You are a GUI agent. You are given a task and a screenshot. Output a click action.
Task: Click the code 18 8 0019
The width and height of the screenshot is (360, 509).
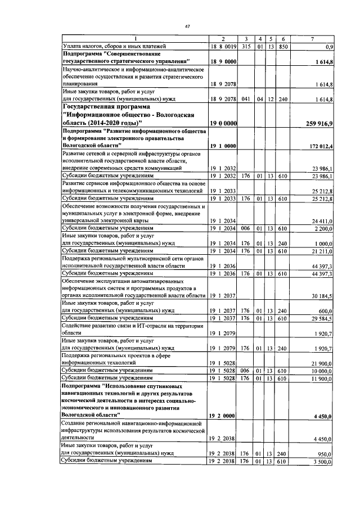pyautogui.click(x=222, y=46)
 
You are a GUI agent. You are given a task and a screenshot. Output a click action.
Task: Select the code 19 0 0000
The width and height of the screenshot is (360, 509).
pyautogui.click(x=223, y=123)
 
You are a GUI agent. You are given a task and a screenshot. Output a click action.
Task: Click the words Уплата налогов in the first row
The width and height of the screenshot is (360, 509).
pyautogui.click(x=85, y=46)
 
